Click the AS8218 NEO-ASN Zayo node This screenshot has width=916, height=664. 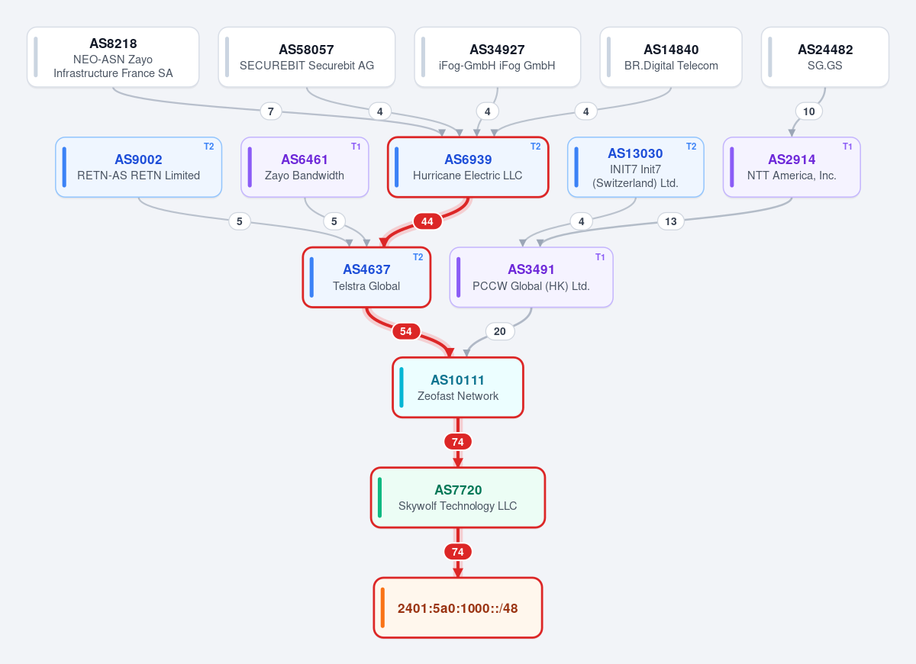tap(113, 56)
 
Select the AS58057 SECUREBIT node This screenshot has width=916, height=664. tap(307, 56)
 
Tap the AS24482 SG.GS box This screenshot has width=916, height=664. tap(825, 56)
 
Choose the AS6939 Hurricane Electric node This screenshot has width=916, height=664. tap(468, 167)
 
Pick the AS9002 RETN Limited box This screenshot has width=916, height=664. tap(139, 167)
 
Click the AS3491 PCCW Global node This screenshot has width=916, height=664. tap(531, 277)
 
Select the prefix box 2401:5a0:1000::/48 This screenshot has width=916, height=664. tap(457, 608)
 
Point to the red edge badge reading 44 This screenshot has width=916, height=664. tap(427, 221)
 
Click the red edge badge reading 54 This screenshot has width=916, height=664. tap(406, 331)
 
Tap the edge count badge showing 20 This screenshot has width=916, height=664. tap(500, 331)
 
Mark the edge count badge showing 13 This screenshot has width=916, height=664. tap(671, 221)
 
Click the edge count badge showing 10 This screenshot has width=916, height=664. tap(809, 111)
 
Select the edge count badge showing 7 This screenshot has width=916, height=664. tap(271, 111)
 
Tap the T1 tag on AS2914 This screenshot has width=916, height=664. tap(847, 147)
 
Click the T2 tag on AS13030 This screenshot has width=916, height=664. tap(691, 147)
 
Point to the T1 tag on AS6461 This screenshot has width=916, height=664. tap(356, 147)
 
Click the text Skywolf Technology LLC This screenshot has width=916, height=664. tap(457, 506)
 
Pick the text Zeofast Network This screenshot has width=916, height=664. tap(457, 396)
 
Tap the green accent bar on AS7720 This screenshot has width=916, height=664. tap(380, 497)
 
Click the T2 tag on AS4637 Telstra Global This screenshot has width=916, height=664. tap(418, 256)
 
